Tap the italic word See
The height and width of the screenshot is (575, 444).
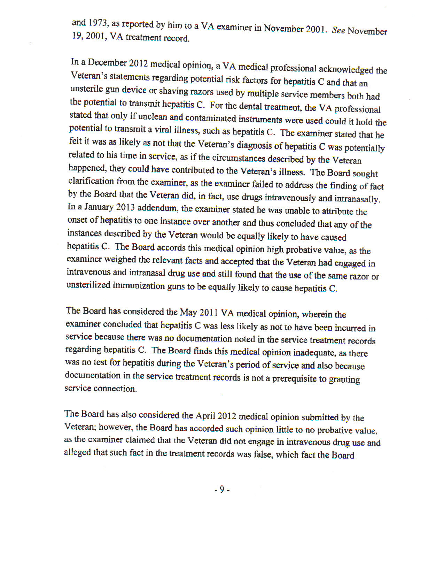(x=338, y=30)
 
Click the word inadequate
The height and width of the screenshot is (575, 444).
(x=314, y=352)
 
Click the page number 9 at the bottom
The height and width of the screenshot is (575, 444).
(x=221, y=490)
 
